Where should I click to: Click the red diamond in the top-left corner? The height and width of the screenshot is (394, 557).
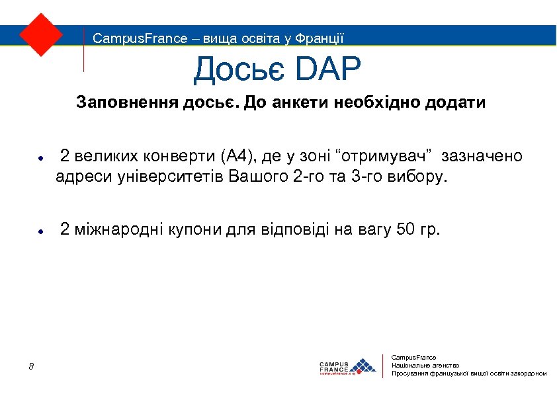pyautogui.click(x=41, y=34)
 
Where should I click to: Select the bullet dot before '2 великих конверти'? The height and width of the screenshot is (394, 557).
pyautogui.click(x=40, y=159)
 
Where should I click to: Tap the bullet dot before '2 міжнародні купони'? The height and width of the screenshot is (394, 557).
pyautogui.click(x=40, y=232)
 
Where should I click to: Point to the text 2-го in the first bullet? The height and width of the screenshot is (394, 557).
pyautogui.click(x=306, y=177)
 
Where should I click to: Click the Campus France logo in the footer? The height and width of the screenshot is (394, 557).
pyautogui.click(x=347, y=366)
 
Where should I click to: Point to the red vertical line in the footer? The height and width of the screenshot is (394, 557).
pyautogui.click(x=384, y=366)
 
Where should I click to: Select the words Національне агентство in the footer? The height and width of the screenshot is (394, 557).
pyautogui.click(x=425, y=365)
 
